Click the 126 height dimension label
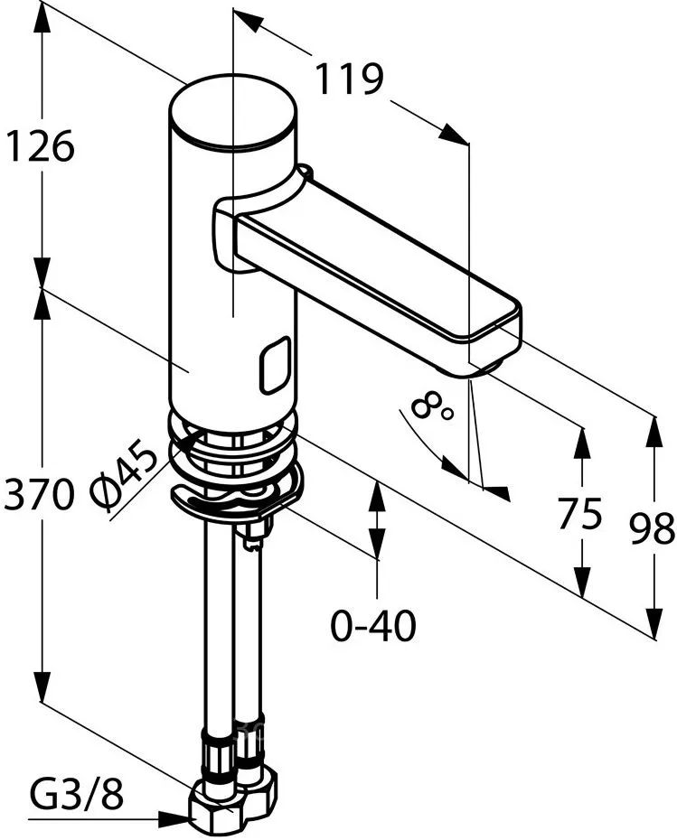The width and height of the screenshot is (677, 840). tap(39, 145)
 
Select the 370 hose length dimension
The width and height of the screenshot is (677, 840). tap(38, 494)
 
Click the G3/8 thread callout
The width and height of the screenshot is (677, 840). tap(76, 795)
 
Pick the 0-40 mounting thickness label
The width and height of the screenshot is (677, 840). tap(373, 625)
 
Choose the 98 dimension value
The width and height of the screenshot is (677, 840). tap(652, 528)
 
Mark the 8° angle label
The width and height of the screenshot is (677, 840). tap(432, 406)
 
